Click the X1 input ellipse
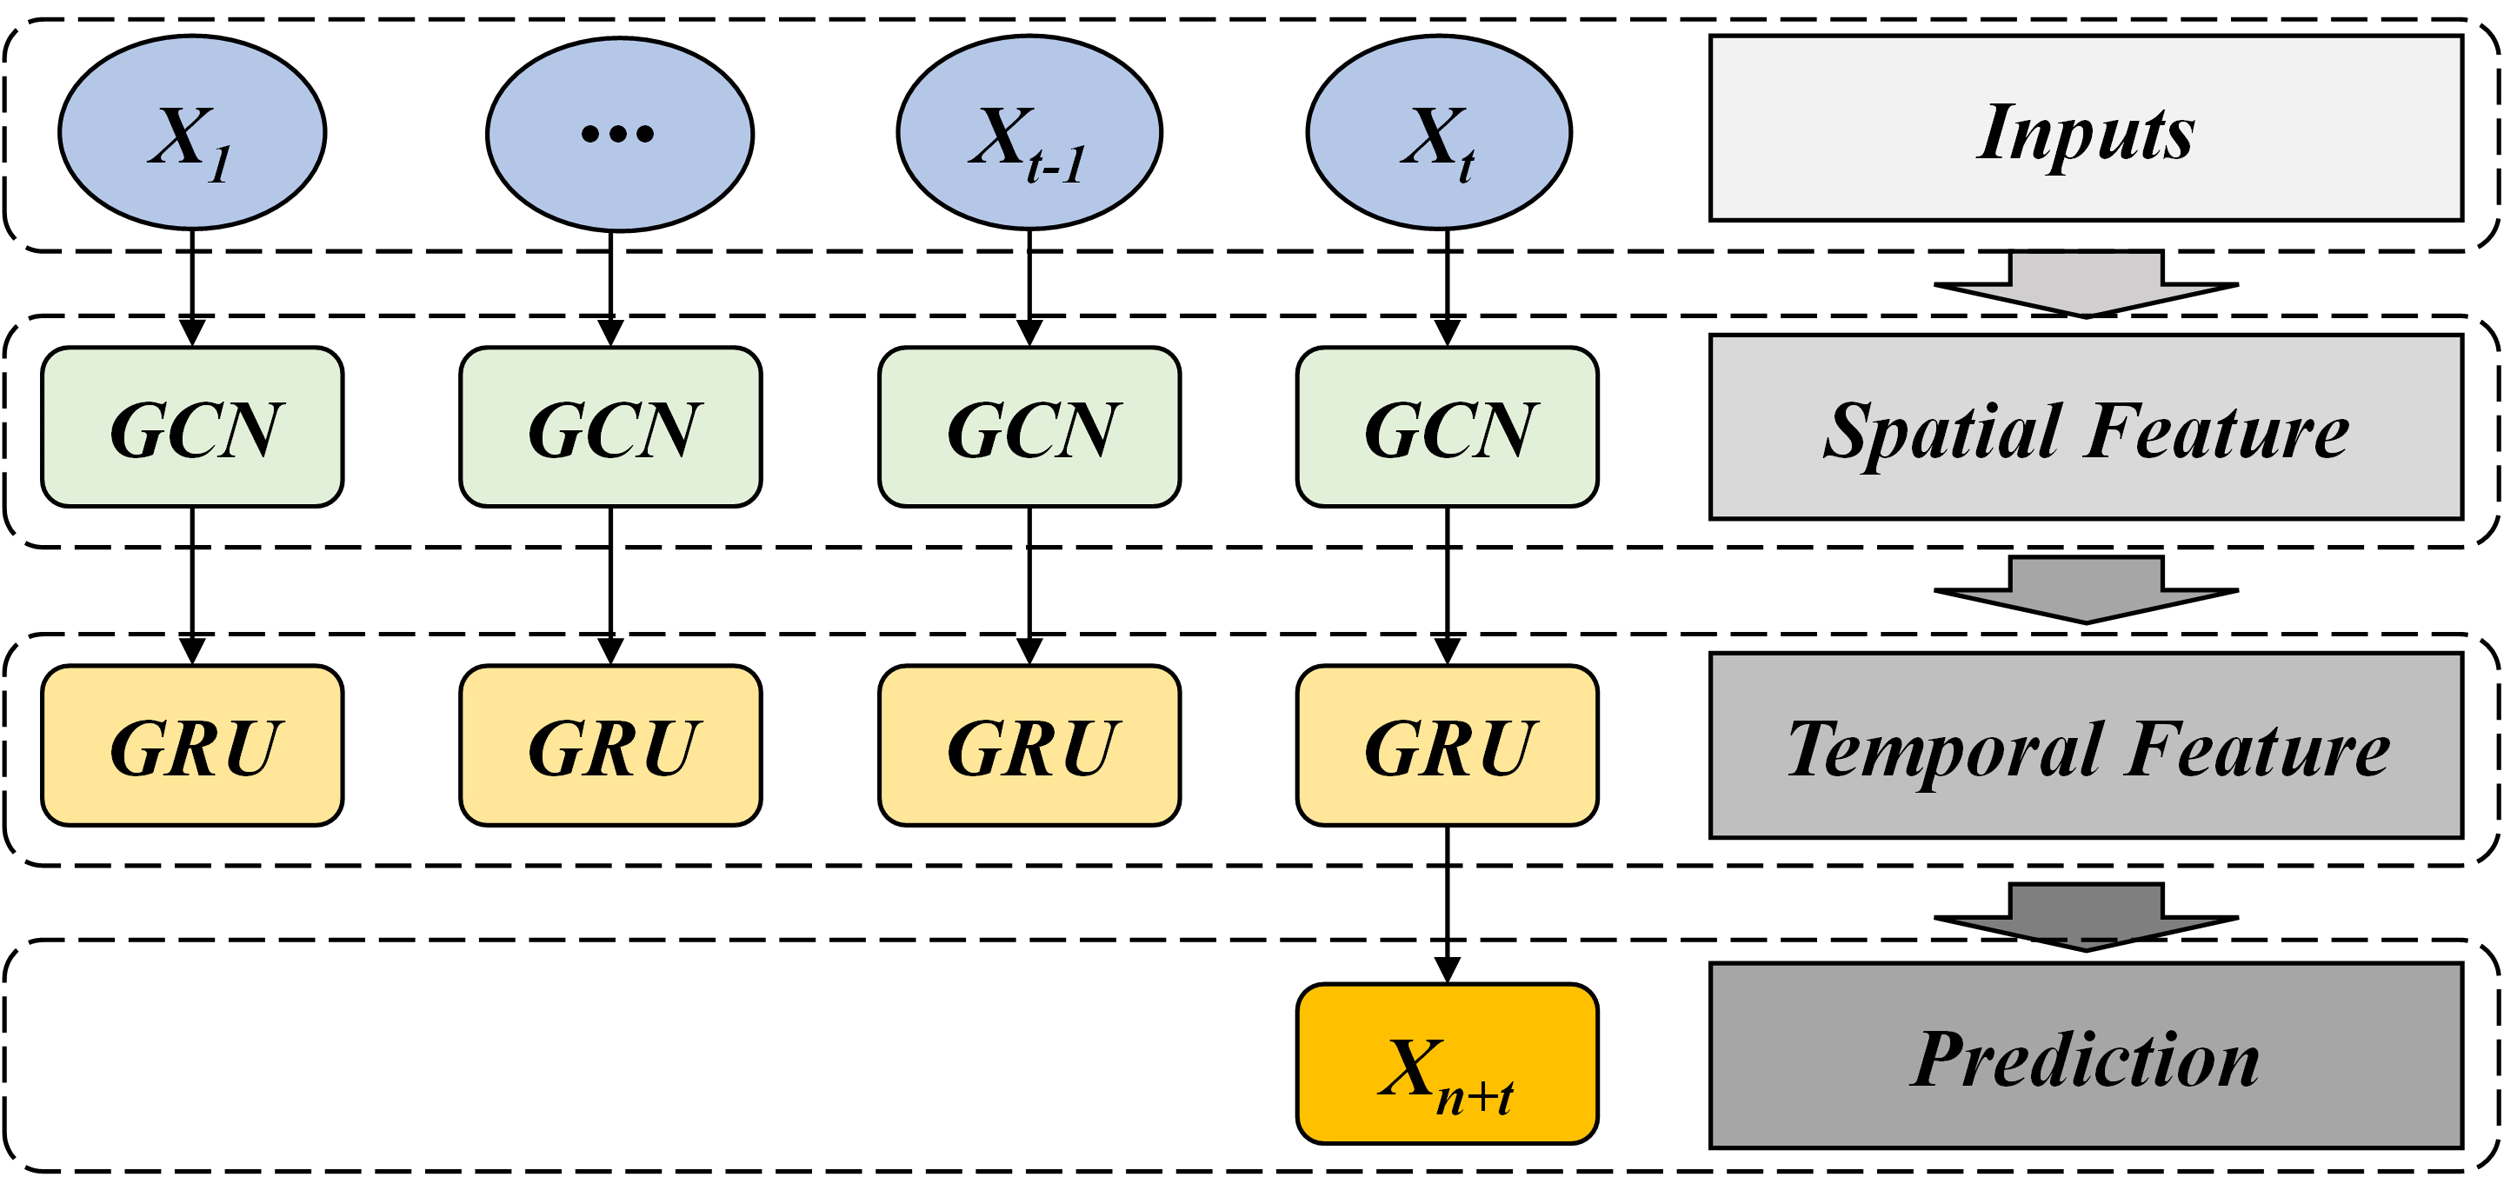click(x=192, y=133)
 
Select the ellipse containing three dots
click(x=619, y=133)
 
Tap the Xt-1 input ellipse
click(x=1029, y=133)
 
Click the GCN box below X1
click(x=192, y=427)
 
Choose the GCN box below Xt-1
click(x=1029, y=427)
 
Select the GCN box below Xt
click(x=1447, y=427)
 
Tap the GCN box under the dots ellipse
click(x=610, y=427)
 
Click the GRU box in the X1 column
click(x=192, y=745)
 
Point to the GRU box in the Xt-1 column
click(x=1029, y=745)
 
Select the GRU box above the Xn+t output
click(x=1447, y=745)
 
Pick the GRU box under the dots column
click(x=610, y=745)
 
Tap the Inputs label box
click(x=2086, y=128)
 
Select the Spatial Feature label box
click(x=2086, y=427)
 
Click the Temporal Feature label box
click(x=2086, y=745)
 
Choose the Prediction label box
click(x=2086, y=1055)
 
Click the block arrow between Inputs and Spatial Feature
click(x=2086, y=284)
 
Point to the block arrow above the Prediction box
click(x=2086, y=917)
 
